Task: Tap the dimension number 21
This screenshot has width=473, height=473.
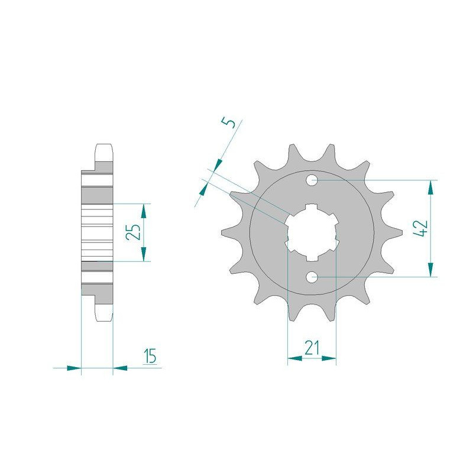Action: (x=312, y=348)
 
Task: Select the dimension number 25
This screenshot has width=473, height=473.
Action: (x=134, y=232)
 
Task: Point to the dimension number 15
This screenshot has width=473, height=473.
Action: (x=150, y=357)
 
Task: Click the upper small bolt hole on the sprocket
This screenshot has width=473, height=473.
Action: (x=312, y=181)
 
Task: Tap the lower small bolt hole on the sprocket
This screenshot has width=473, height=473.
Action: (x=312, y=276)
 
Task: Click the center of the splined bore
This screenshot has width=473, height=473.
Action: (x=312, y=232)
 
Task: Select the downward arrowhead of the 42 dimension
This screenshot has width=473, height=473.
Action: (x=431, y=270)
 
